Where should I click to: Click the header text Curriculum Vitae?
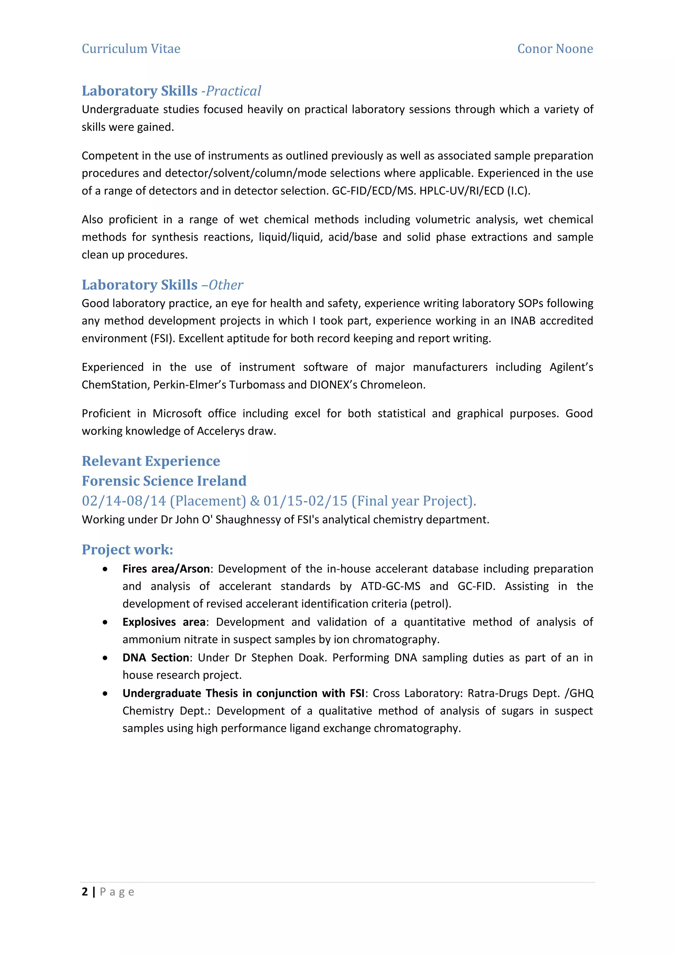pos(131,49)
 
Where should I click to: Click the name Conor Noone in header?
pos(555,49)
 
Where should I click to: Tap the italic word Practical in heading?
pos(234,91)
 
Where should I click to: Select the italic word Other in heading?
pos(226,285)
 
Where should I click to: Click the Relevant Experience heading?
pos(151,461)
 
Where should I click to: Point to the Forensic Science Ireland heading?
pos(164,481)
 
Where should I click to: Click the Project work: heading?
pos(127,550)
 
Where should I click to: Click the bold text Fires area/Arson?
pos(166,569)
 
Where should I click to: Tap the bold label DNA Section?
pos(156,658)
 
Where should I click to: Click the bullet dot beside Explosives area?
pos(105,622)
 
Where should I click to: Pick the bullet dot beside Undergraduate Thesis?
pos(105,693)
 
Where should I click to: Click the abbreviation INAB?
pos(522,321)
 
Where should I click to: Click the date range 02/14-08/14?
pos(124,501)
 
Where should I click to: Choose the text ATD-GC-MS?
pos(390,586)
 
